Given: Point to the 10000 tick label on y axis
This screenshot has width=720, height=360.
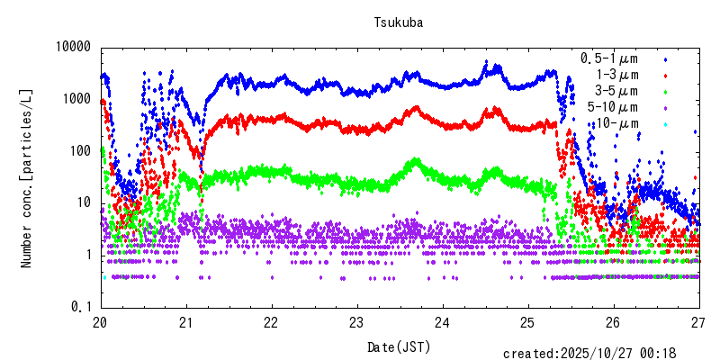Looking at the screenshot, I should click(72, 47).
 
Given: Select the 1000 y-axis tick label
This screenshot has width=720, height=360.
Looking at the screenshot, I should click(76, 99).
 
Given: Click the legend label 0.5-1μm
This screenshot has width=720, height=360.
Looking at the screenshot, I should click(609, 58).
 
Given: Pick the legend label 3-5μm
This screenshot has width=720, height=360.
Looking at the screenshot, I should click(616, 91).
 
